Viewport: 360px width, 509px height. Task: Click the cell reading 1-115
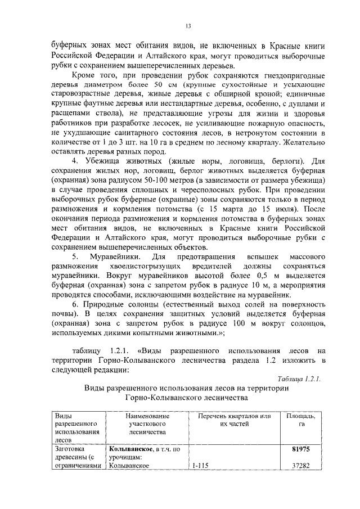click(x=201, y=466)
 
